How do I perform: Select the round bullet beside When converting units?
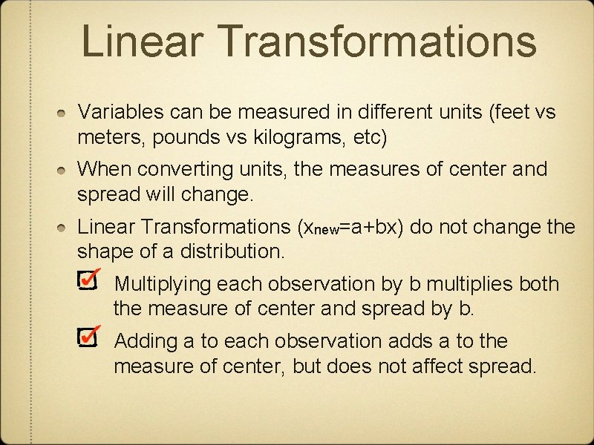pyautogui.click(x=65, y=170)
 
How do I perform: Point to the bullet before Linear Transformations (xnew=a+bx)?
pyautogui.click(x=65, y=226)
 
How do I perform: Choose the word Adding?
pyautogui.click(x=144, y=340)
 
